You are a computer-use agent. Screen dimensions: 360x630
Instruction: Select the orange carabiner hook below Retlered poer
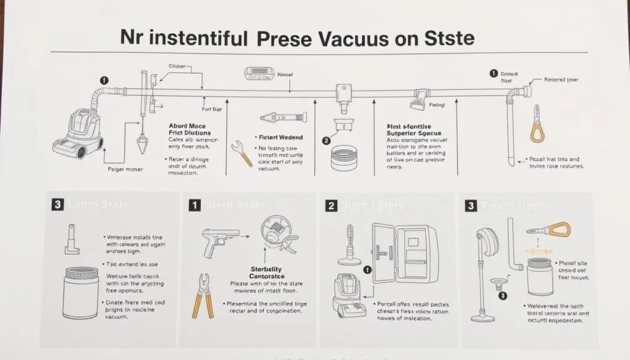tap(537, 125)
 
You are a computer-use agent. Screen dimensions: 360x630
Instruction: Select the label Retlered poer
tap(561, 80)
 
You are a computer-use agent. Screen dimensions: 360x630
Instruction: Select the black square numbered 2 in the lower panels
tap(330, 206)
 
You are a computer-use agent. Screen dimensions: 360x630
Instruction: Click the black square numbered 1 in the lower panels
tap(194, 206)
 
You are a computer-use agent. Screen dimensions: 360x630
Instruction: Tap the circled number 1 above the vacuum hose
tap(104, 81)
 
